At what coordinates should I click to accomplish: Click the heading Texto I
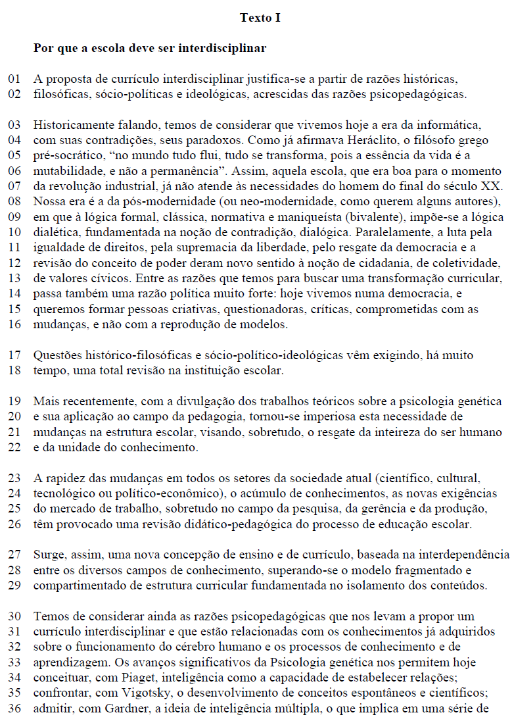tap(260, 18)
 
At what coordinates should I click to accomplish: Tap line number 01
tap(14, 80)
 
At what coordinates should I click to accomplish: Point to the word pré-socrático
tap(64, 156)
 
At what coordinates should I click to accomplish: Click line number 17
tap(14, 355)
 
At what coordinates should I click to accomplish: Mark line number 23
tap(14, 478)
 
